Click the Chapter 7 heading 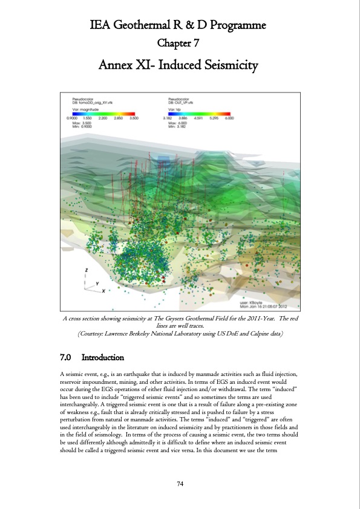180,43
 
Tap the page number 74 180,483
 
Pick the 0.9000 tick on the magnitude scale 71,118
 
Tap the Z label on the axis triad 87,270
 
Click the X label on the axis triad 103,291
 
